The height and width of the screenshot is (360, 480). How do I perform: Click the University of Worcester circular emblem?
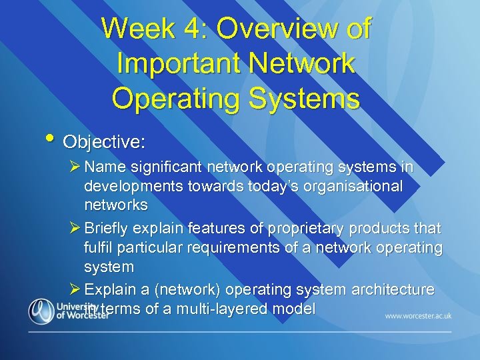41,310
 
